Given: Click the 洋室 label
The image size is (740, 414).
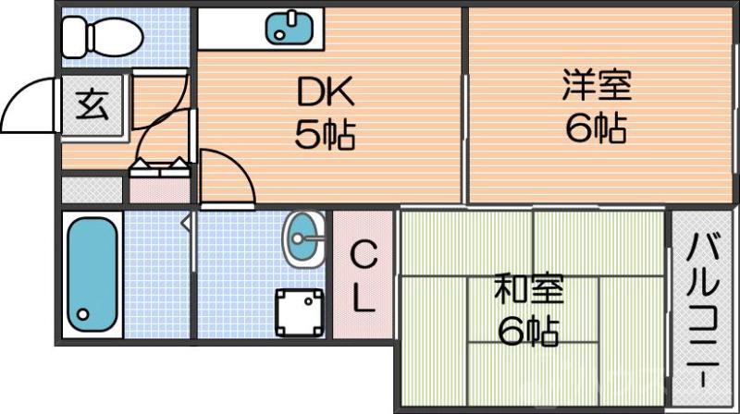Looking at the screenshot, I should point(597,85).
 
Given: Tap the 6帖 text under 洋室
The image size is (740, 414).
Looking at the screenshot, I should point(597,128).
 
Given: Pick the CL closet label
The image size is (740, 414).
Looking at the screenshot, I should point(364,275).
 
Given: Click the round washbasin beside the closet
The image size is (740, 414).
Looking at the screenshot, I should point(303,238).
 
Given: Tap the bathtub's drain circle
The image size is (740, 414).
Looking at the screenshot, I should point(83,313).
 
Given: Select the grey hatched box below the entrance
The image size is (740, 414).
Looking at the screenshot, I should point(93,189).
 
